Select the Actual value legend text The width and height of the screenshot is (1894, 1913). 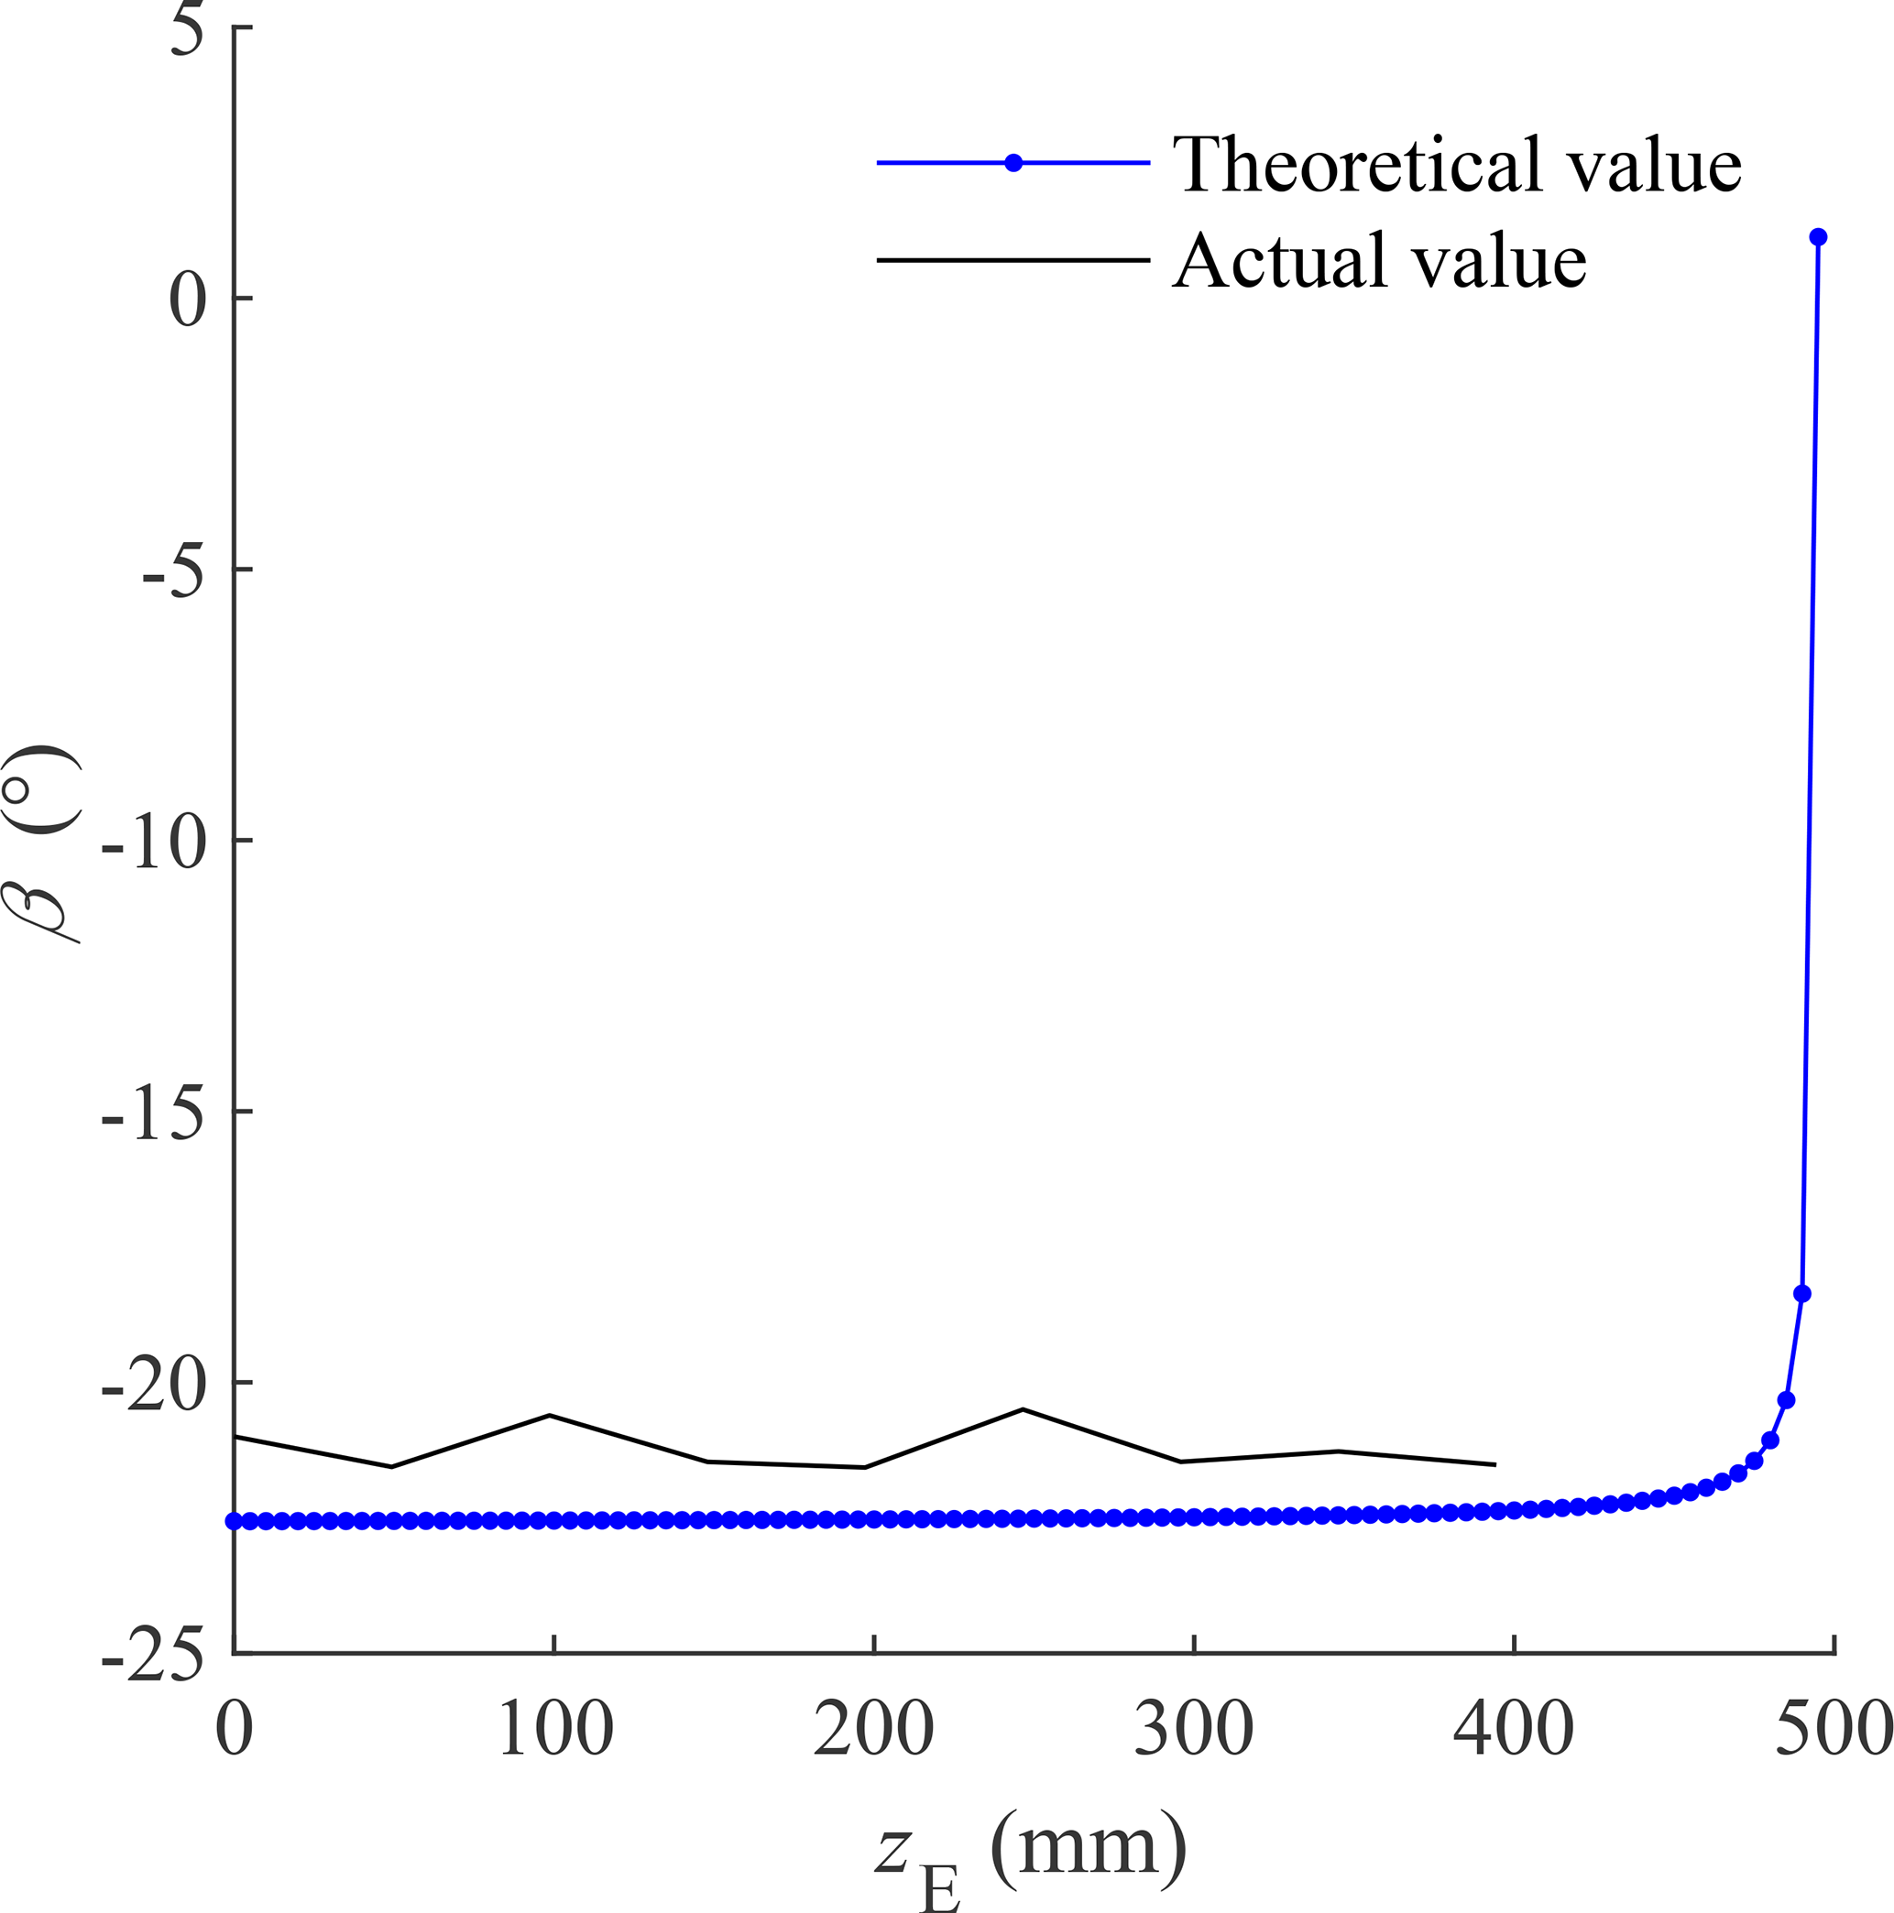[1380, 261]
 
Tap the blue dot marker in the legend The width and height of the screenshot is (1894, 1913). [1013, 163]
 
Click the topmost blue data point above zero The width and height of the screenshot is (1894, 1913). [1818, 236]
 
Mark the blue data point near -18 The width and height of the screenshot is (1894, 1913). [1801, 1294]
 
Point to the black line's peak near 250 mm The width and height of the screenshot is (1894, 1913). [1024, 1409]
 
